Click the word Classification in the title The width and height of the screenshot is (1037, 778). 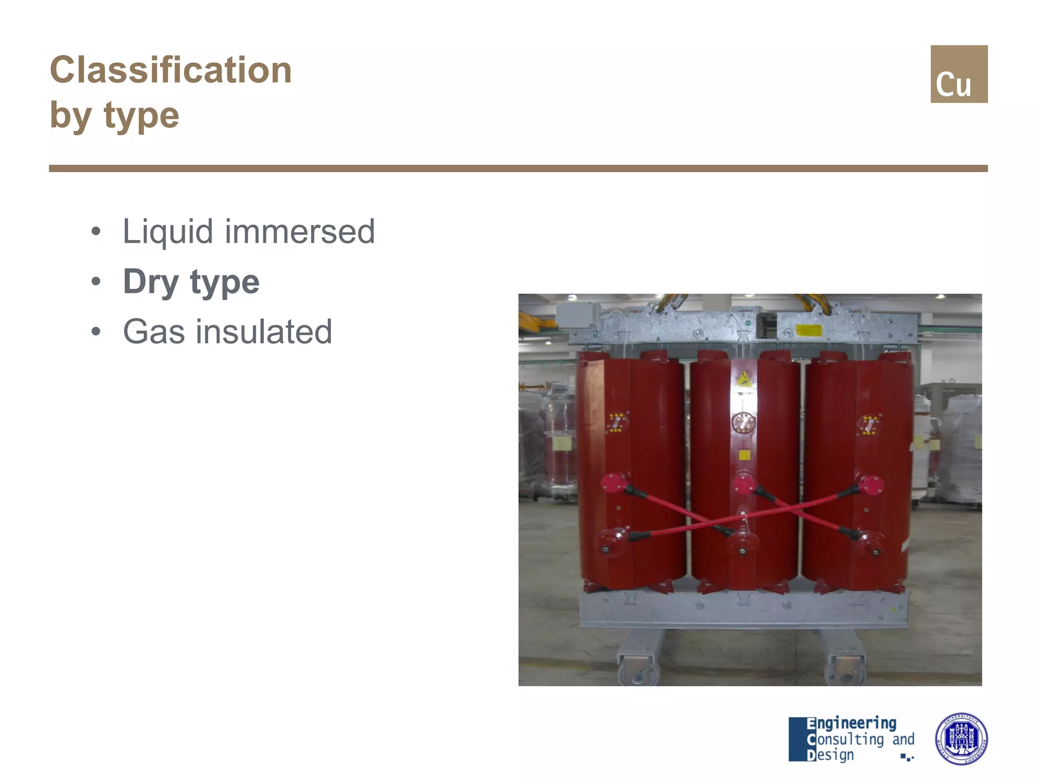(x=171, y=70)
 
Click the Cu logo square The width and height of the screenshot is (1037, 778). (x=959, y=74)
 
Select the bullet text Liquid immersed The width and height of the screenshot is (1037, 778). (x=249, y=231)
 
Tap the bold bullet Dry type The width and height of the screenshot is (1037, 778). (x=191, y=282)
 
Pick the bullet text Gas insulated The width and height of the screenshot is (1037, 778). (x=227, y=332)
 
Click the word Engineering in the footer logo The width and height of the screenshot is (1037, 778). (x=852, y=723)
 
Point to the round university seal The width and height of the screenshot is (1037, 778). (x=961, y=738)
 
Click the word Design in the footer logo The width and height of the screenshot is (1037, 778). (x=830, y=755)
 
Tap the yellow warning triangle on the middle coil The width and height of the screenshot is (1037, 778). (x=743, y=378)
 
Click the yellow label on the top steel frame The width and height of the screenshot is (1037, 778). (x=809, y=330)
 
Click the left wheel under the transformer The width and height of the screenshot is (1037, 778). (x=637, y=669)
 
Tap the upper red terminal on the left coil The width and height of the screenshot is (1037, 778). (x=614, y=482)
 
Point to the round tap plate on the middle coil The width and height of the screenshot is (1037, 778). (x=743, y=422)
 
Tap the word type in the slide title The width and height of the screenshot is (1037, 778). (x=141, y=115)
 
